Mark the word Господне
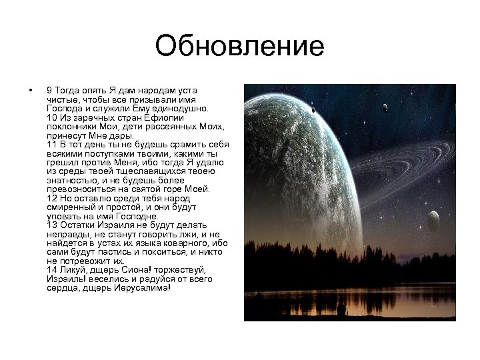click(x=137, y=215)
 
